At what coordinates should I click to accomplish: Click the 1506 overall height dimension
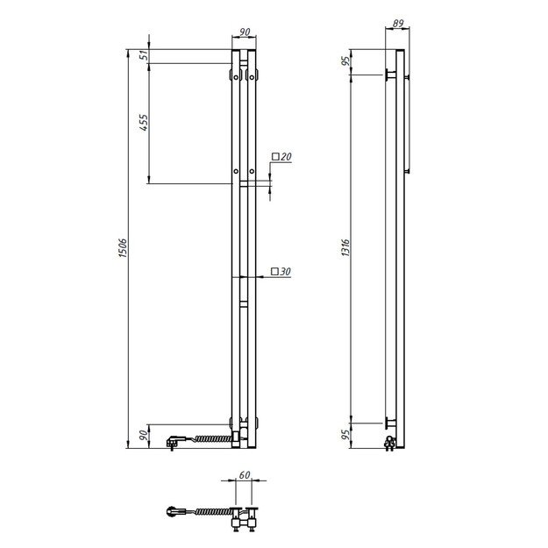click(124, 249)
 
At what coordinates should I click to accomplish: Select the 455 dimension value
click(142, 125)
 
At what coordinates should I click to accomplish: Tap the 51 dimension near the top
click(142, 56)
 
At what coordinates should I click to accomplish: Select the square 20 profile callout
click(281, 157)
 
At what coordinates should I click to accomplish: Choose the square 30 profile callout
click(281, 272)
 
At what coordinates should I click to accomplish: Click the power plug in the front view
click(172, 438)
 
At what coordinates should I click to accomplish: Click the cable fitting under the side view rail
click(390, 443)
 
